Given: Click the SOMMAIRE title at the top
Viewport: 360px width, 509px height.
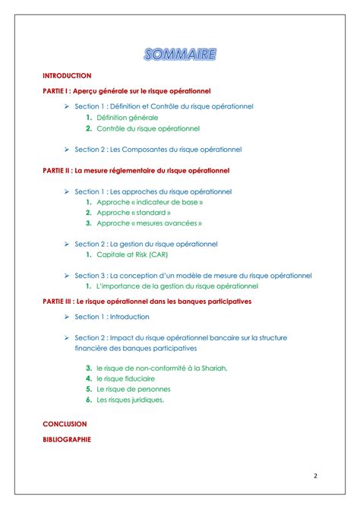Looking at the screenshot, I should click(180, 54).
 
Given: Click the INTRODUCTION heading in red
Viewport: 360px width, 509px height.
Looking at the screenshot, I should click(67, 76).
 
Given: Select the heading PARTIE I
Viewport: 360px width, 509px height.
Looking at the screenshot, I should click(126, 90).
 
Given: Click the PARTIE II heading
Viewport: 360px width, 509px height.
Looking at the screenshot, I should click(136, 170).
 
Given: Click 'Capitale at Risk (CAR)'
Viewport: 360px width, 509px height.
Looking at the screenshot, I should click(132, 254).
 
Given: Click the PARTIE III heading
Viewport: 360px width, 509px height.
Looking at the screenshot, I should click(147, 301).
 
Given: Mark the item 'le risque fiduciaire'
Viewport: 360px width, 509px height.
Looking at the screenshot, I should click(125, 378).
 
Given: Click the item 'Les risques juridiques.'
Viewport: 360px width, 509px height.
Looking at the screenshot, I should click(130, 400).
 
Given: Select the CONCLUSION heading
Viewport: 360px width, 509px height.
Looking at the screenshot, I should click(65, 424).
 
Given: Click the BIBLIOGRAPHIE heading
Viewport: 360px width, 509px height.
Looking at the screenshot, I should click(67, 439).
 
